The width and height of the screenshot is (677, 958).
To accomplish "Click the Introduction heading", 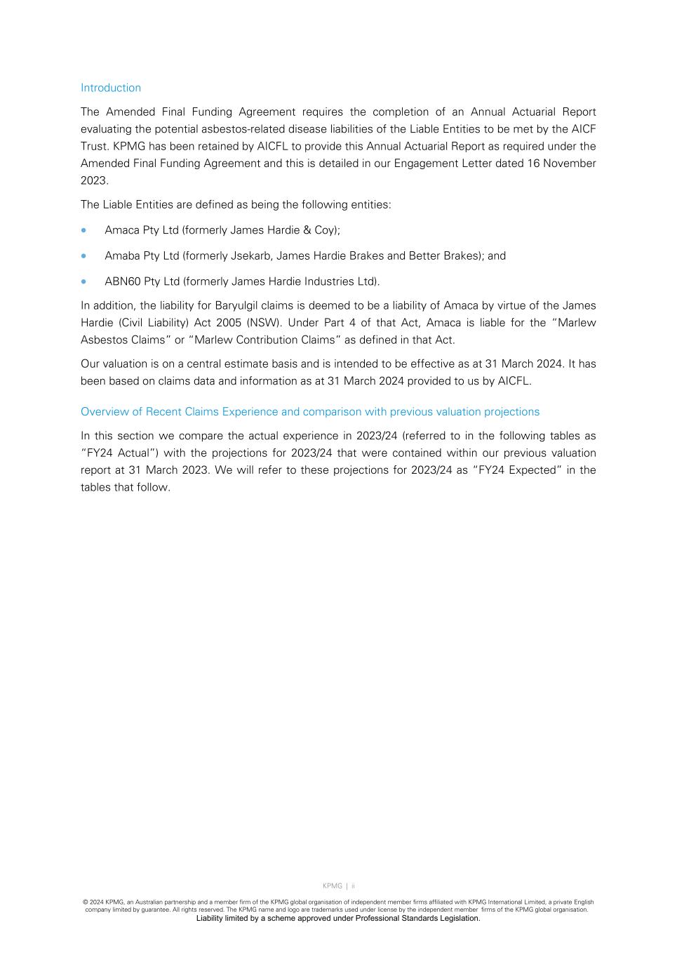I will click(x=111, y=88).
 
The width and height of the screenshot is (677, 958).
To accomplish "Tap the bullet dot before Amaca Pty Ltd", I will click(x=85, y=230).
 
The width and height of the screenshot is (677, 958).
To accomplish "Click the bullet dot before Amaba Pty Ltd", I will click(x=85, y=256).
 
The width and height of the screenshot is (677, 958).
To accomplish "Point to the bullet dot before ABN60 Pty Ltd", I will click(x=85, y=281).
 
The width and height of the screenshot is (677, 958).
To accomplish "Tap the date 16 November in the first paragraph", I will click(x=561, y=164).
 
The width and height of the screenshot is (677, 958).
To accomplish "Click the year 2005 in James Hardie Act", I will click(x=228, y=323).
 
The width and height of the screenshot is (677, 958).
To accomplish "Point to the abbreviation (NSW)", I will click(x=263, y=323).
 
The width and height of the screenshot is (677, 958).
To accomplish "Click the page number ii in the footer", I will click(x=354, y=886).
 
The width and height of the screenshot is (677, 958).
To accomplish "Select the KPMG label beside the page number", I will click(x=333, y=886).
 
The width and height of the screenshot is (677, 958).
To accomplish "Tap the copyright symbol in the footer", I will click(x=85, y=903).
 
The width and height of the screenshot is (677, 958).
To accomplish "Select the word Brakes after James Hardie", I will click(x=366, y=256).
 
